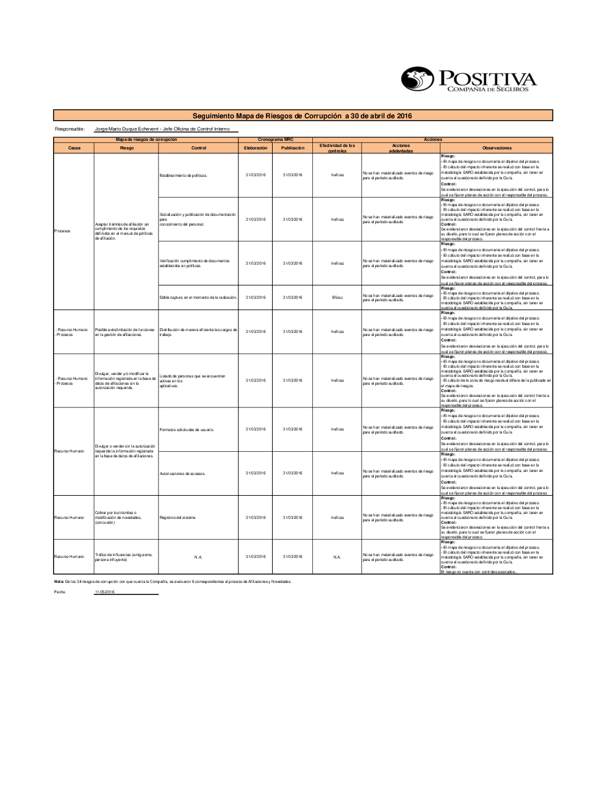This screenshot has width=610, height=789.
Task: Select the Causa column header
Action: [x=74, y=148]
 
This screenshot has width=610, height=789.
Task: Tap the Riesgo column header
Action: [x=126, y=148]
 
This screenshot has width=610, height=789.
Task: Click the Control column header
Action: [x=198, y=148]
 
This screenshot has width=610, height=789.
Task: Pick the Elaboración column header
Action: [x=256, y=148]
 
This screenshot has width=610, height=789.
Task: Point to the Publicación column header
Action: [x=292, y=148]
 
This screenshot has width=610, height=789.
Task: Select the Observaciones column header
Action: [x=497, y=148]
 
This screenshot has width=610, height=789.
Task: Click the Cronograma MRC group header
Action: [x=275, y=140]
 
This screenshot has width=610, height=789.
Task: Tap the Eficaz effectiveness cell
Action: [x=337, y=298]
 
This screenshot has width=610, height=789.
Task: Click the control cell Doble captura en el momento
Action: [x=198, y=298]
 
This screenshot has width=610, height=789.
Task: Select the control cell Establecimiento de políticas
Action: [x=183, y=176]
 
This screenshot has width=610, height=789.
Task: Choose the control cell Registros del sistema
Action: [x=178, y=518]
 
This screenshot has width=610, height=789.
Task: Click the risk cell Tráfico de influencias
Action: [x=123, y=557]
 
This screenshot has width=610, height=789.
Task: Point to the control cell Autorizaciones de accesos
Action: [x=182, y=473]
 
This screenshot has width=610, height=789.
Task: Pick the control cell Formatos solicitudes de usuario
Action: [x=187, y=429]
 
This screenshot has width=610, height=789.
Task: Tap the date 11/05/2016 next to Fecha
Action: [x=104, y=592]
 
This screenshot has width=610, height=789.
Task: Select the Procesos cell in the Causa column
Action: [x=62, y=231]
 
